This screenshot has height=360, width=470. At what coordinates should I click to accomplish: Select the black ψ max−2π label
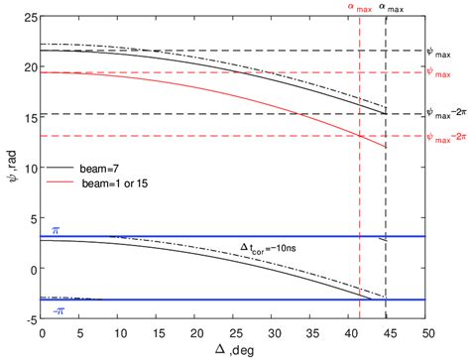point(445,114)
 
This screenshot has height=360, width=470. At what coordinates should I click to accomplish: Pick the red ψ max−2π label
point(445,137)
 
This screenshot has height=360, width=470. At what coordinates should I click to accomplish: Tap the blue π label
point(57,229)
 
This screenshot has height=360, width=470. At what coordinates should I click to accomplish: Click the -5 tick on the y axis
point(29,319)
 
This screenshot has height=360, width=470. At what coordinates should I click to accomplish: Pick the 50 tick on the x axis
point(426,331)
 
